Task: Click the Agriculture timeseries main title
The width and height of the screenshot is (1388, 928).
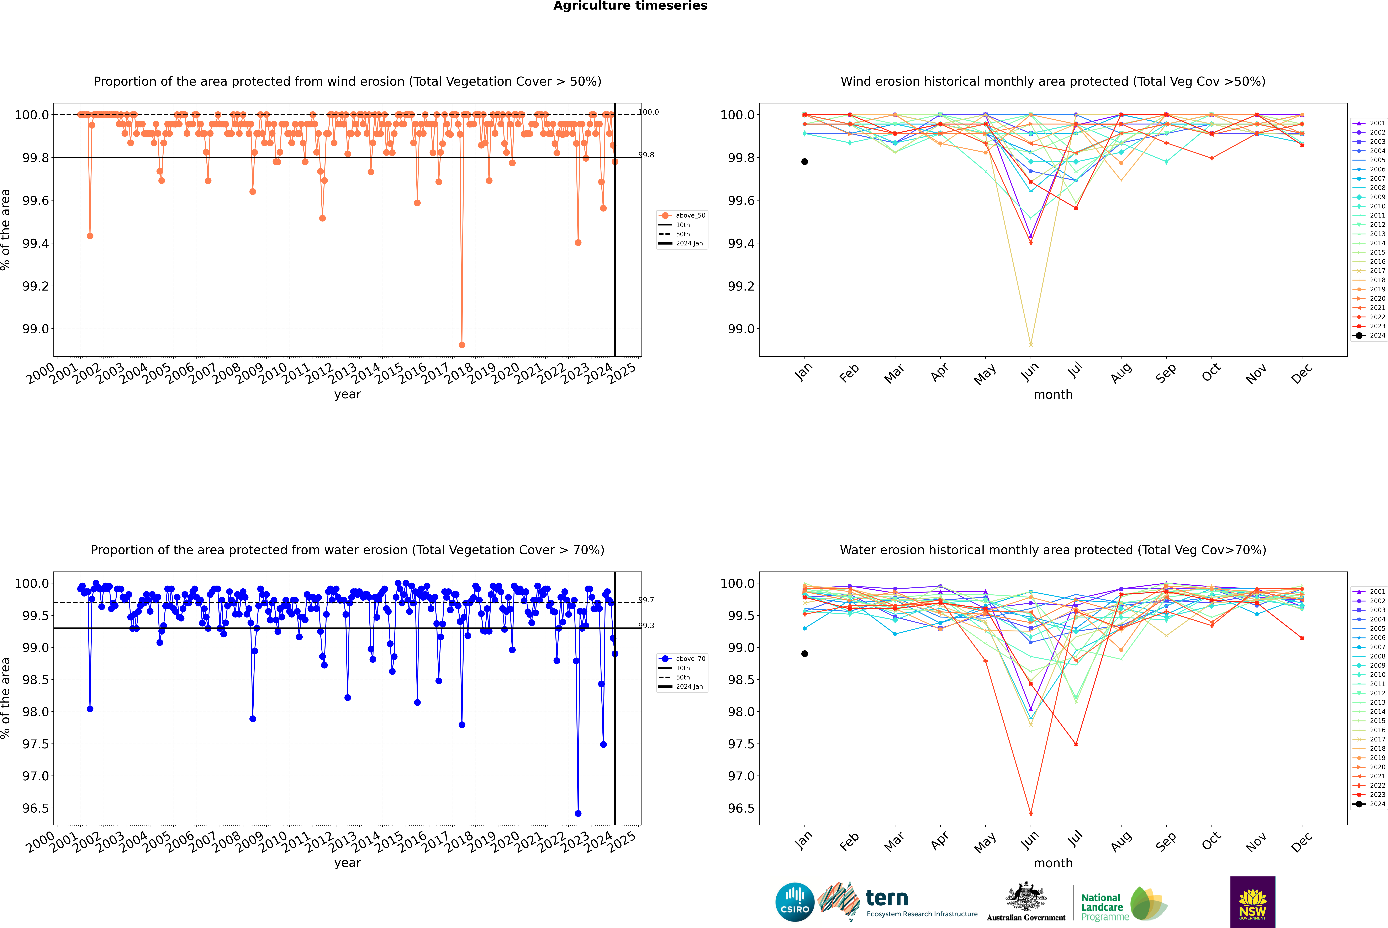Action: (630, 6)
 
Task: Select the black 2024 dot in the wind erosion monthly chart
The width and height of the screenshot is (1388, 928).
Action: (805, 162)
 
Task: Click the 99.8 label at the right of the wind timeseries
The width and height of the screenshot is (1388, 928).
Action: (646, 155)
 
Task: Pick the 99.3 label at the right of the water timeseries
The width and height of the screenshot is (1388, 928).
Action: (646, 626)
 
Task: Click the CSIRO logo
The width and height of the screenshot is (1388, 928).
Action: (795, 902)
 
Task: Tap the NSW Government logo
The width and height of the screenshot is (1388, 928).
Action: (1252, 902)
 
